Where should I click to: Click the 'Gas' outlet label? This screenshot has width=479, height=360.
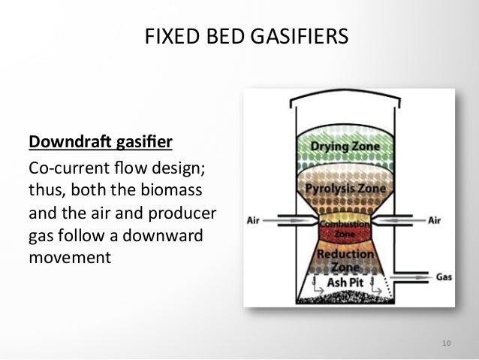(444, 276)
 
